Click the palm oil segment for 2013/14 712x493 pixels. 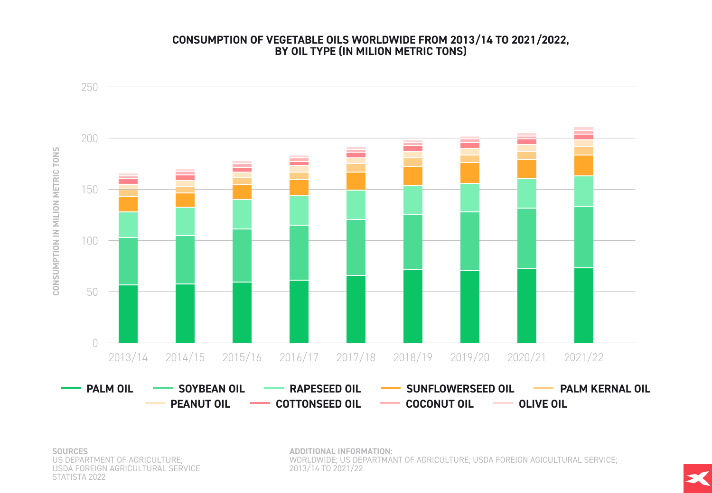(x=128, y=314)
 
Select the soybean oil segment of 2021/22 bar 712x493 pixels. (x=583, y=237)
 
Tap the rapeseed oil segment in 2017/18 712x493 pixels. (x=356, y=205)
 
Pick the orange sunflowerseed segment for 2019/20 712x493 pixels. (x=469, y=173)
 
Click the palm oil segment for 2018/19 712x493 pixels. (x=412, y=306)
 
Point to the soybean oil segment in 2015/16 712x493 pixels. (x=242, y=256)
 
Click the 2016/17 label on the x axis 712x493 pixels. (x=299, y=357)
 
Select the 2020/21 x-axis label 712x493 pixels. (x=526, y=357)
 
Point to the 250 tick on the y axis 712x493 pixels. (x=89, y=87)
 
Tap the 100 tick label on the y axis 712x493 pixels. (x=89, y=241)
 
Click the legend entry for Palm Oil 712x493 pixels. (x=109, y=389)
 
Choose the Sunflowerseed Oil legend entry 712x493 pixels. (x=459, y=389)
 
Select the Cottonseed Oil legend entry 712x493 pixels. (x=318, y=404)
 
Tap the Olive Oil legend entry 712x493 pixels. (x=543, y=404)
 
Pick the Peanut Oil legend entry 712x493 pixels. (x=200, y=404)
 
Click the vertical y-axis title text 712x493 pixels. (x=56, y=221)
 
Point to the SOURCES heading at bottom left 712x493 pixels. (x=70, y=451)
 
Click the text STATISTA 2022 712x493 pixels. (x=79, y=477)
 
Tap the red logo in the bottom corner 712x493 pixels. (x=697, y=478)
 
